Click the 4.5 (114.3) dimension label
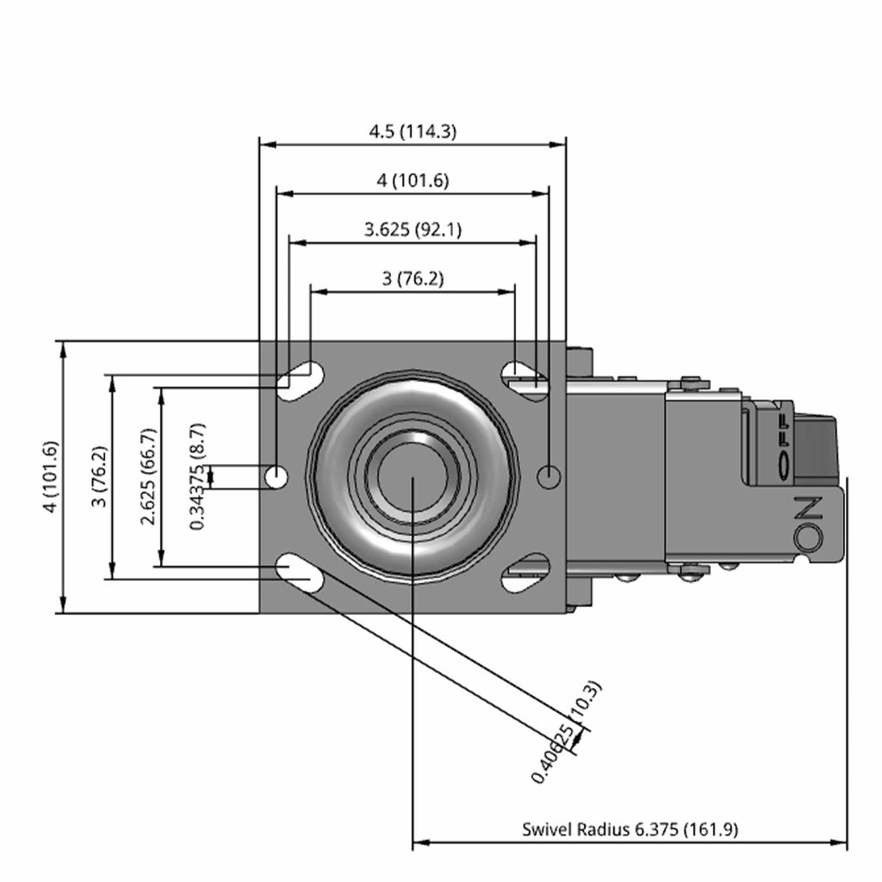413,132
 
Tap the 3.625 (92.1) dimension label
413,229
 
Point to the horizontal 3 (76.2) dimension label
413,278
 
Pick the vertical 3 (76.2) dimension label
99,476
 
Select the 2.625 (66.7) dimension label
149,476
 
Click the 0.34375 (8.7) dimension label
198,476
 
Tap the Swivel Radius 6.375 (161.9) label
630,829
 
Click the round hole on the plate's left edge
276,476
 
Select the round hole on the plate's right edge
549,475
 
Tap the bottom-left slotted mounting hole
298,573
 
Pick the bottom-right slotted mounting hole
525,573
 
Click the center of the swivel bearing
413,476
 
